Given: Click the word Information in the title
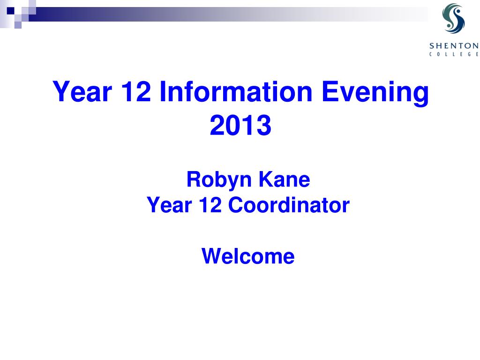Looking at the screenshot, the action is [x=236, y=91].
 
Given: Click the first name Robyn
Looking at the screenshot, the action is [x=219, y=180].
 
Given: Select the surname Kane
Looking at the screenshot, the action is [x=285, y=179].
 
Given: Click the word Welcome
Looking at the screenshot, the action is [x=248, y=256].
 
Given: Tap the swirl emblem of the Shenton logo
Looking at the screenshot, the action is [x=453, y=18].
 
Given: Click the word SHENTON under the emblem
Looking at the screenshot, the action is [x=454, y=46].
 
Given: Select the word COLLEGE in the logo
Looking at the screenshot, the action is [x=454, y=54].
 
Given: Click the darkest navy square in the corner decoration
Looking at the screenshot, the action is [x=11, y=11].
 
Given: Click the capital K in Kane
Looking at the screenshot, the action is [x=266, y=179].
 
